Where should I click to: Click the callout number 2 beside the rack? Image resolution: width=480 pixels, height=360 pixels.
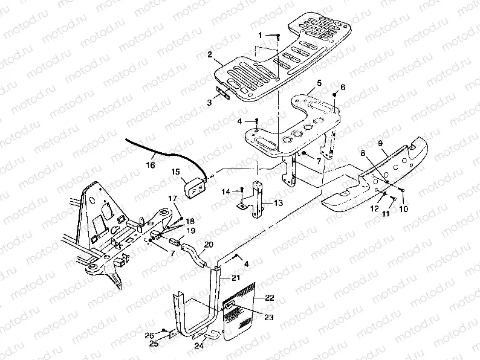209,54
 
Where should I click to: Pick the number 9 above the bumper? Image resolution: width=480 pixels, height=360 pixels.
381,143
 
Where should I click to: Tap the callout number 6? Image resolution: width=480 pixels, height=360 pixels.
343,87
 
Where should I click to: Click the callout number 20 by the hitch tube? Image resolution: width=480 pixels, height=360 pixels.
209,245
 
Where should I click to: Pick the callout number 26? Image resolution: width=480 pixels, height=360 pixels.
149,335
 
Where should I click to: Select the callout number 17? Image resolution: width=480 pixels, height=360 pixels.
172,198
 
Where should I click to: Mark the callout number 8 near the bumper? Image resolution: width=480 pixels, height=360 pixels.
363,155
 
